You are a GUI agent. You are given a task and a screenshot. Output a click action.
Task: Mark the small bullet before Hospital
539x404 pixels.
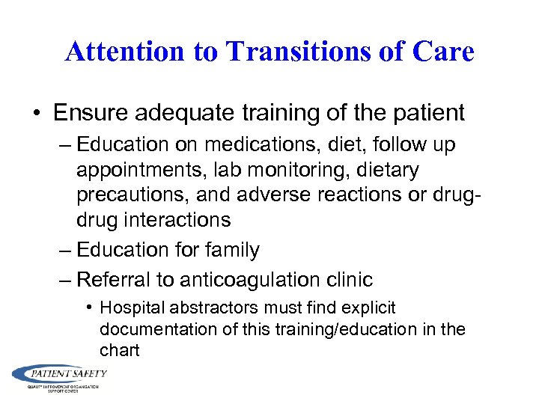click(x=89, y=307)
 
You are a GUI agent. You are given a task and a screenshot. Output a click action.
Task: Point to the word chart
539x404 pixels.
click(x=120, y=350)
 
